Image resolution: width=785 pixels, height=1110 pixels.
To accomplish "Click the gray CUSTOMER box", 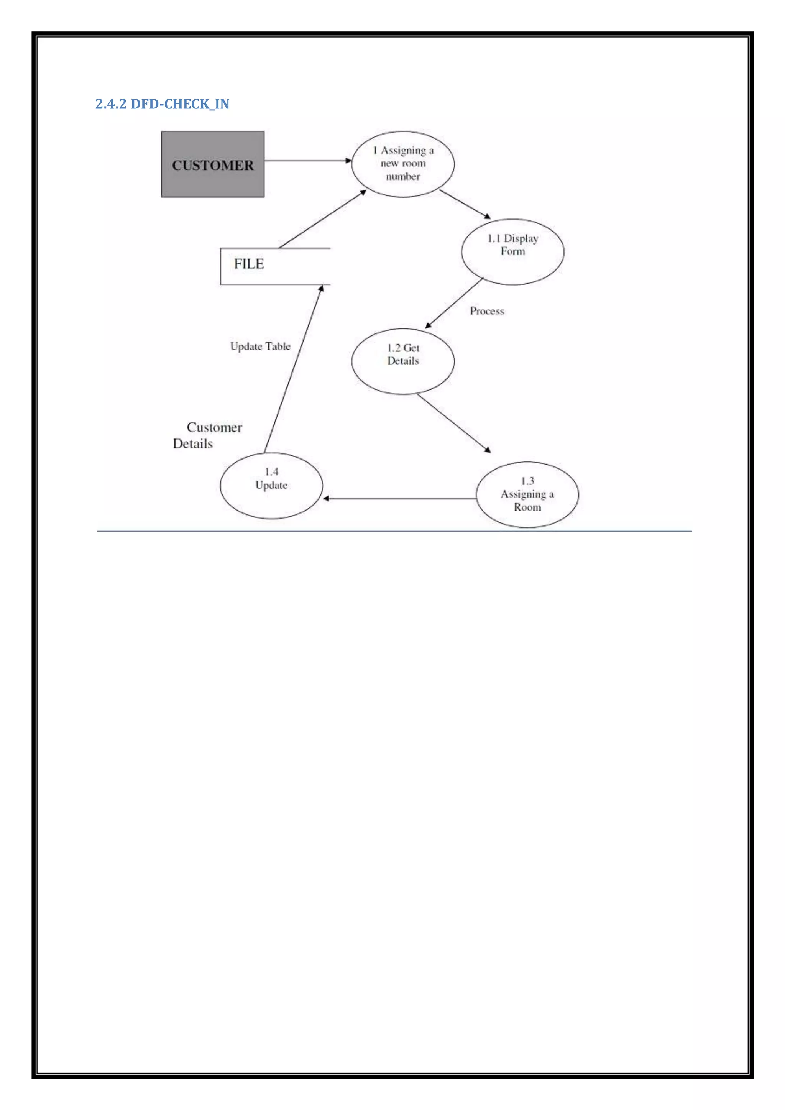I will [213, 164].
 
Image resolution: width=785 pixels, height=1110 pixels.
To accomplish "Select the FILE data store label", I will [249, 264].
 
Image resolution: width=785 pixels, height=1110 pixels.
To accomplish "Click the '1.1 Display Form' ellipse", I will [512, 251].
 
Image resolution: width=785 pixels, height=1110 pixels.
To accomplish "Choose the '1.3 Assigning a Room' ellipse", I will [527, 494].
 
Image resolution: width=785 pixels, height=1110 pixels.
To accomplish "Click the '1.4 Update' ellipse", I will [271, 485].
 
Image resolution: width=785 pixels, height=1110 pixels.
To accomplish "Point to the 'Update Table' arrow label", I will [260, 346].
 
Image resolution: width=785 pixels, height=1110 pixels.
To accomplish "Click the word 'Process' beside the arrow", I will [487, 311].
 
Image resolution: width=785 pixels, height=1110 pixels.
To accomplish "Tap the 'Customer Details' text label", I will [208, 435].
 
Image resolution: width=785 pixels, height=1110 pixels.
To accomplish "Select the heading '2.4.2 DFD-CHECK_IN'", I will [163, 104].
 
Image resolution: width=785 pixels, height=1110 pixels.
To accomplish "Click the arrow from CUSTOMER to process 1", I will [307, 161].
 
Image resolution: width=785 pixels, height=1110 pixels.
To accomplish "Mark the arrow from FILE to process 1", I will [322, 219].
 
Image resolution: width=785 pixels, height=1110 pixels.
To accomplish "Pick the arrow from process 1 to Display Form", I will [465, 204].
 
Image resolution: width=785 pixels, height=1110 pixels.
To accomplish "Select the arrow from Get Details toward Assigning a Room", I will [454, 423].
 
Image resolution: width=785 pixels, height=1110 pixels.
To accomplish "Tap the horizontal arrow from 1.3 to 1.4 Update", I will [399, 498].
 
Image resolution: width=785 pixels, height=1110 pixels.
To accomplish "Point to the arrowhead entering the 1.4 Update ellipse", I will [326, 498].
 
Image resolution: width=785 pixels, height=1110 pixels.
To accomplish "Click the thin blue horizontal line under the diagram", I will [394, 531].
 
